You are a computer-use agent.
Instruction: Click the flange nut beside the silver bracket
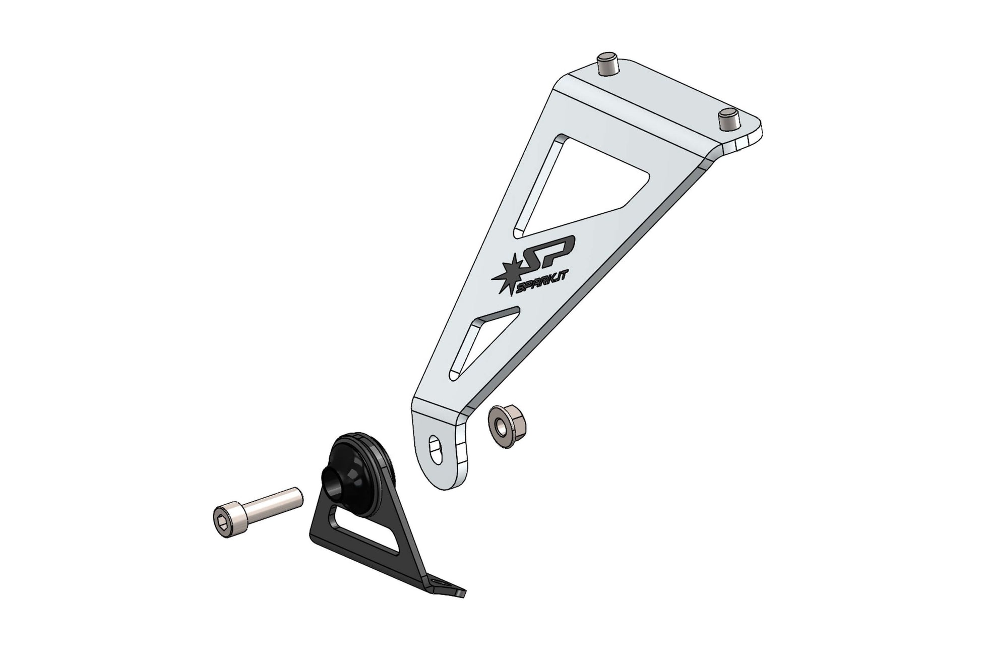point(501,419)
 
